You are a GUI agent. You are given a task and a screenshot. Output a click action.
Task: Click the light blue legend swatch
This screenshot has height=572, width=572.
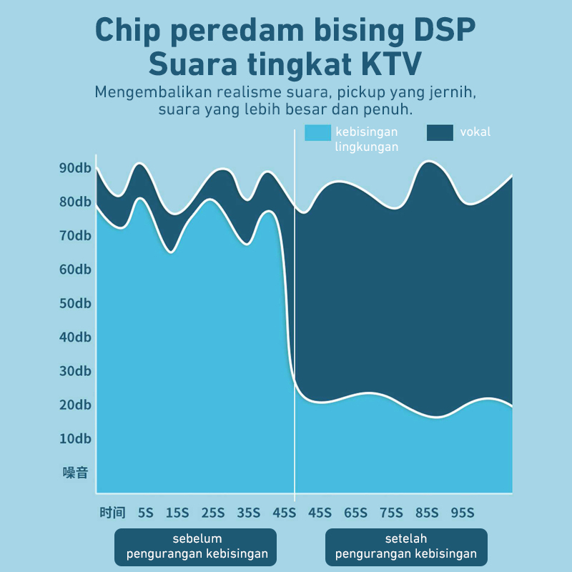click(x=317, y=132)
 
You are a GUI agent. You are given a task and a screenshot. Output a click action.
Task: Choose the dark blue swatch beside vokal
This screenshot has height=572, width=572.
click(x=440, y=132)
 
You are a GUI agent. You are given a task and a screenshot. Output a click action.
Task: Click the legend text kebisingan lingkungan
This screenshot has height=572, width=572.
click(x=367, y=139)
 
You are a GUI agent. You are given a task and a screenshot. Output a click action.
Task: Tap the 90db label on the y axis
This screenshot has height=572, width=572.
click(x=75, y=168)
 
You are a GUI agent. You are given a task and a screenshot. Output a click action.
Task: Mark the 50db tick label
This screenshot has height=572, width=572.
click(x=75, y=303)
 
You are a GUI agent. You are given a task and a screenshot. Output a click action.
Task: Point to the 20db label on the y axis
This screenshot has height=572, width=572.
click(x=75, y=405)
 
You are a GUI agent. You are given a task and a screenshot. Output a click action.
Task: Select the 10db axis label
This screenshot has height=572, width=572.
click(x=75, y=438)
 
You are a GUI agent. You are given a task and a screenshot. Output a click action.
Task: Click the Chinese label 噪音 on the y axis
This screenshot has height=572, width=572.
click(x=74, y=472)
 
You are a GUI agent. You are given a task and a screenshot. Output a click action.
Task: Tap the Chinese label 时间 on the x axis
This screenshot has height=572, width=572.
click(x=112, y=512)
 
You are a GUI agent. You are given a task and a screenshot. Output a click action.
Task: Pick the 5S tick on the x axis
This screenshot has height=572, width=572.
click(x=146, y=512)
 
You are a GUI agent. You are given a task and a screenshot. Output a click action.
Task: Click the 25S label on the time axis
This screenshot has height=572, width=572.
click(x=213, y=512)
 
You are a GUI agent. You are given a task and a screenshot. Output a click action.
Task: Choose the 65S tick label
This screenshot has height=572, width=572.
click(x=355, y=512)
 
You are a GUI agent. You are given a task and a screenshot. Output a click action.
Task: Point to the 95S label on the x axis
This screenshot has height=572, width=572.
click(x=463, y=512)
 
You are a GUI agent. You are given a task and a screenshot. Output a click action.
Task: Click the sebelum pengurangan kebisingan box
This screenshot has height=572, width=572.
click(x=195, y=546)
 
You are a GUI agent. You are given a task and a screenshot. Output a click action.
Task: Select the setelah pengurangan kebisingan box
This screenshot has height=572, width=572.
click(x=405, y=546)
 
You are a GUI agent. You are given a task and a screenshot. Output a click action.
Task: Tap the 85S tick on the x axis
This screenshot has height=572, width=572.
click(x=427, y=512)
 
